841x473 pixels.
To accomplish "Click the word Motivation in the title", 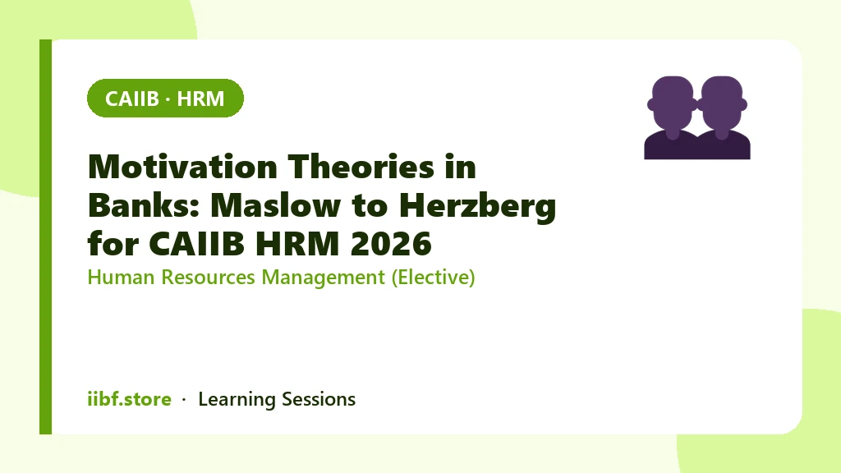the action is [x=182, y=166].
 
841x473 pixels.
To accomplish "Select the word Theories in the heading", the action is [x=361, y=166].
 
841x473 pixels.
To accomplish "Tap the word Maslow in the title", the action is [x=276, y=204].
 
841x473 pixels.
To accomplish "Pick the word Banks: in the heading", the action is [x=144, y=204].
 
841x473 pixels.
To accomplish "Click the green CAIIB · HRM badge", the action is [x=165, y=99].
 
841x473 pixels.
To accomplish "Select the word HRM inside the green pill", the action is [x=200, y=99].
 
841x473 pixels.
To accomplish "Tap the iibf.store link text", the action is [x=129, y=399].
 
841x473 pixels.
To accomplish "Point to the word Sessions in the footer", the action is [x=319, y=400].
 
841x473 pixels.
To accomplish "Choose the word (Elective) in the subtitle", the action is [x=434, y=278].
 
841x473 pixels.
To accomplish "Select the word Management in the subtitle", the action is [x=323, y=278].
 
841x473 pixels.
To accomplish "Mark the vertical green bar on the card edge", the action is [x=46, y=236].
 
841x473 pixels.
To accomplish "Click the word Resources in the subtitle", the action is [x=208, y=278].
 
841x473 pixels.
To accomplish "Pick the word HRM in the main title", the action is [x=297, y=243].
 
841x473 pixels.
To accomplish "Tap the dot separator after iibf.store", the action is [x=184, y=400].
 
